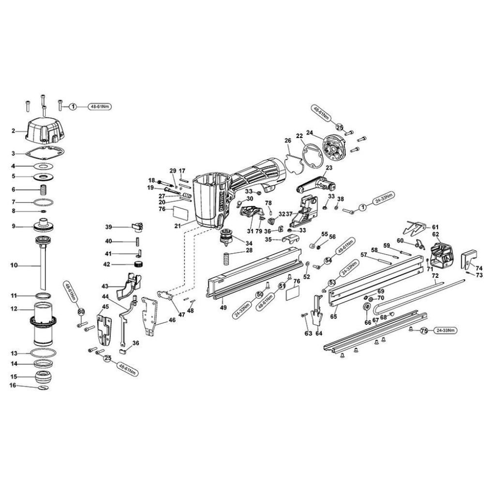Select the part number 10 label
pos(14,265)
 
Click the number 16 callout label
pos(14,385)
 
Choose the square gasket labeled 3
pos(45,153)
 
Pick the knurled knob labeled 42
pos(140,264)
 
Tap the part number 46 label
pos(172,320)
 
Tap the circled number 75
pos(424,331)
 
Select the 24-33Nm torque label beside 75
pos(446,331)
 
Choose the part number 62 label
pos(435,235)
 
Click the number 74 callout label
pos(479,268)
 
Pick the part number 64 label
pos(318,333)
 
